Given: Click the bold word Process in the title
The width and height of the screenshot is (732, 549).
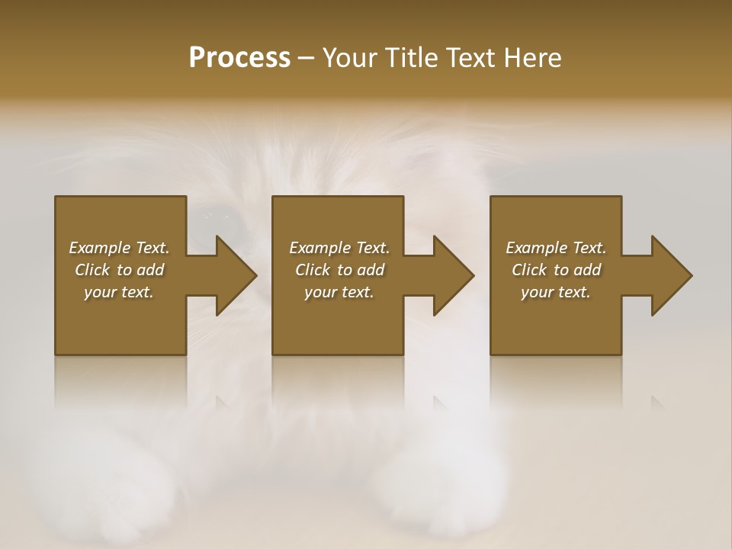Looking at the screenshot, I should (239, 58).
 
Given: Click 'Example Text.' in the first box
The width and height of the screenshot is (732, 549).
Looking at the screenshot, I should (120, 248).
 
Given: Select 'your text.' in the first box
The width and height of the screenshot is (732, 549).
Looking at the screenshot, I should (120, 292).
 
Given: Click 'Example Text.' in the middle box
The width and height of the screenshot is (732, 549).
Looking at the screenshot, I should (339, 248).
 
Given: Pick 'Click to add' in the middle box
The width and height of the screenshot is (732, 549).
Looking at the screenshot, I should (339, 270).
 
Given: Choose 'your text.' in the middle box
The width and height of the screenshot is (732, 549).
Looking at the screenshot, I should (339, 292).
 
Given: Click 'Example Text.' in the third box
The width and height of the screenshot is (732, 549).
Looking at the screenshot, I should (556, 248).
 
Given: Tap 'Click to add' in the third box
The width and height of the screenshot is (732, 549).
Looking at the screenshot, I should (556, 270).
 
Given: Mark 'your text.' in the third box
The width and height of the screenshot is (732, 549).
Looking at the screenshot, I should (556, 292).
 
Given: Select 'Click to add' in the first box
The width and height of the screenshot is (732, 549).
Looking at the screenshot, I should (120, 270).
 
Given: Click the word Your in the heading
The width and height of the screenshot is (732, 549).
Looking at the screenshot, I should (348, 58).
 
